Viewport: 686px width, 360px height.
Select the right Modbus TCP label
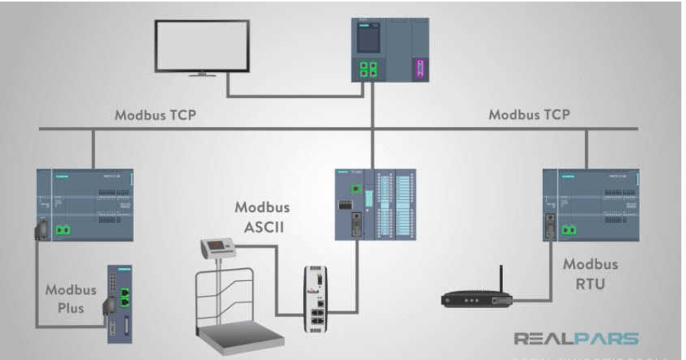529,116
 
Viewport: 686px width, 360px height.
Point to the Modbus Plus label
71,299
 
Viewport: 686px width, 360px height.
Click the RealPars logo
576,339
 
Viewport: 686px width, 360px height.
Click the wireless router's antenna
501,279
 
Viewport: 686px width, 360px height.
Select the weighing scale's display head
218,247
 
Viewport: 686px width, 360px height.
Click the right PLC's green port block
569,228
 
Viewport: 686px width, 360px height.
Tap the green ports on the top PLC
368,69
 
